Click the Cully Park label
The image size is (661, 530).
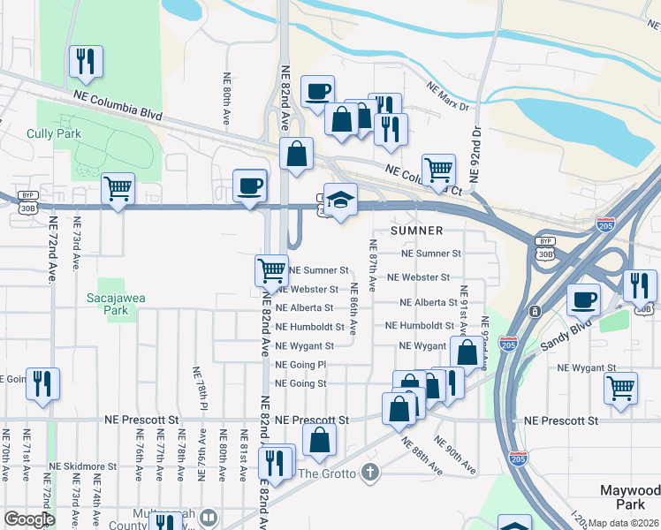pyautogui.click(x=54, y=133)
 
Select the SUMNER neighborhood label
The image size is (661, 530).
pyautogui.click(x=413, y=230)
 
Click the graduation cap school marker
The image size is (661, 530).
pyautogui.click(x=338, y=200)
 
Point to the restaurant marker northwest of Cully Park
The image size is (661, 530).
pyautogui.click(x=86, y=61)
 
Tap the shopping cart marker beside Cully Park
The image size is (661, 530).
pyautogui.click(x=118, y=188)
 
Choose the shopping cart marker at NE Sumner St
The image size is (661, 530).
pyautogui.click(x=271, y=269)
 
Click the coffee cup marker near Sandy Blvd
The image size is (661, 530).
pyautogui.click(x=583, y=299)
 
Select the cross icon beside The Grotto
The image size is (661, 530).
pyautogui.click(x=370, y=473)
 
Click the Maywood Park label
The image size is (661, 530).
pyautogui.click(x=630, y=497)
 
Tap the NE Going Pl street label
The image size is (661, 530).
pyautogui.click(x=300, y=365)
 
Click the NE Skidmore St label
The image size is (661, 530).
pyautogui.click(x=83, y=466)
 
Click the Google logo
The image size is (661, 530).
pyautogui.click(x=29, y=519)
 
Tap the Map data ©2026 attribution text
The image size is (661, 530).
pyautogui.click(x=624, y=523)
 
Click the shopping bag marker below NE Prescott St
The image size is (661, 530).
pyautogui.click(x=319, y=439)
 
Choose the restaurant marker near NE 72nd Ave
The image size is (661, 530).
pyautogui.click(x=42, y=383)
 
